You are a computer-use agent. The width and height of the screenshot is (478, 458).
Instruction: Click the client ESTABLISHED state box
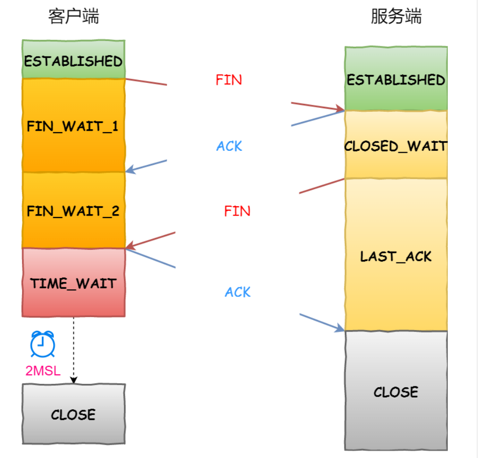click(x=74, y=59)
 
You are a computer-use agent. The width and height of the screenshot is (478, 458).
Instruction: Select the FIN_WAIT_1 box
click(x=74, y=125)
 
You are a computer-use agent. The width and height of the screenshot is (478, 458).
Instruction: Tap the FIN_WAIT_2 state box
click(x=74, y=210)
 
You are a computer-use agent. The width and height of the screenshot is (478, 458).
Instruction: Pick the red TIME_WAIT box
click(x=74, y=283)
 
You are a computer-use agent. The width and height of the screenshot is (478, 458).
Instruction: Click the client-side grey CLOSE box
click(x=74, y=414)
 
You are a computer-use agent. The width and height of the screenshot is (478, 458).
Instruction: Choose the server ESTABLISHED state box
click(x=396, y=79)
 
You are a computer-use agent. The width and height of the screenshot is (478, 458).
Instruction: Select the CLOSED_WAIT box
click(x=396, y=144)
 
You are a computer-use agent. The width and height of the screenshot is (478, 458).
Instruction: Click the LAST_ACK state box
click(x=396, y=255)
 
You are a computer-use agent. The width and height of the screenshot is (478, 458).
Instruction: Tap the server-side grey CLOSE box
click(x=396, y=391)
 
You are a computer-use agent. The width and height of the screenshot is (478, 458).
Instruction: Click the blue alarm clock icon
click(x=43, y=344)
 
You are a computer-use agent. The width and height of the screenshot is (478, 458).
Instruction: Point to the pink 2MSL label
click(x=43, y=371)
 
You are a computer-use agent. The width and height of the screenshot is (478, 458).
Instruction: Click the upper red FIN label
click(x=229, y=80)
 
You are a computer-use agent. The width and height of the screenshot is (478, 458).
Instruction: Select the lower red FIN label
click(x=237, y=211)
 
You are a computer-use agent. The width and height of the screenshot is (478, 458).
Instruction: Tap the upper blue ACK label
click(x=229, y=146)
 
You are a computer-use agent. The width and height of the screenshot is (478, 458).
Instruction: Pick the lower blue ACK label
click(x=238, y=292)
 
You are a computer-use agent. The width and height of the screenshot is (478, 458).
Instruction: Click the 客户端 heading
click(x=74, y=16)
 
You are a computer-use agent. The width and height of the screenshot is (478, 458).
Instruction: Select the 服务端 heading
click(x=396, y=16)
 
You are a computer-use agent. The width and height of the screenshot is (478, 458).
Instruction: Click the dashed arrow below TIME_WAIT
click(x=74, y=350)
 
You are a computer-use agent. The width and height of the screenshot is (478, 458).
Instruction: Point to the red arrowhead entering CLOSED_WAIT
click(x=340, y=109)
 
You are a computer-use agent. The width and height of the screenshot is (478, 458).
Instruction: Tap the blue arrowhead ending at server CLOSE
click(x=339, y=328)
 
